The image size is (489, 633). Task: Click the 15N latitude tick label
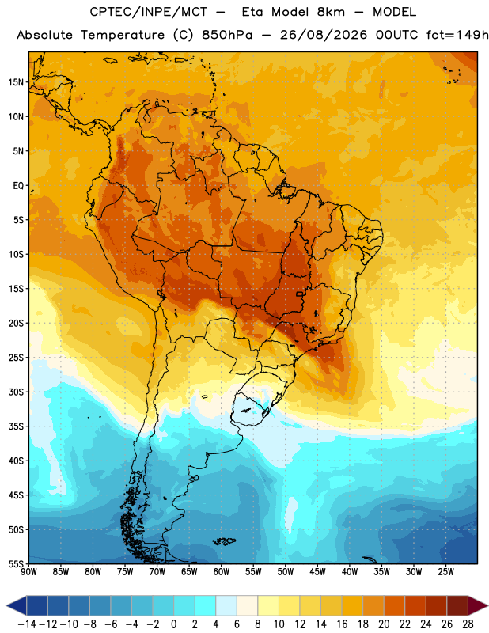[x=16, y=82]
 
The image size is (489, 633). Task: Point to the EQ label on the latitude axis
[x=18, y=186]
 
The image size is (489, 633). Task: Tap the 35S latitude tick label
[x=16, y=426]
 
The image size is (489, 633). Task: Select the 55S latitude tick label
[x=16, y=563]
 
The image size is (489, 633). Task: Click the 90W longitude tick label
[x=28, y=572]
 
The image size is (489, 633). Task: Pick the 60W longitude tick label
[x=222, y=572]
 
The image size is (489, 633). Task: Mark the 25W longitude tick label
[x=445, y=572]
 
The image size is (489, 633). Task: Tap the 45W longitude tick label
[x=317, y=572]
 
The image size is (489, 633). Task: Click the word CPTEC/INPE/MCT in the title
[x=148, y=12]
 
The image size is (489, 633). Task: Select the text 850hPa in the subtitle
[x=227, y=35]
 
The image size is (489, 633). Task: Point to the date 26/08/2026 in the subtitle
[x=324, y=35]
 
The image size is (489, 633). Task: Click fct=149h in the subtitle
[x=457, y=35]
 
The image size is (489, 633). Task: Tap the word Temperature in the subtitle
[x=123, y=35]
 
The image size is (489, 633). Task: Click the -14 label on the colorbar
[x=27, y=624]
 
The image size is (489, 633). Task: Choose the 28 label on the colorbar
[x=468, y=624]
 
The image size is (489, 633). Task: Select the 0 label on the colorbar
[x=174, y=624]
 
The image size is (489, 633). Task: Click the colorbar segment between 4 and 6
[x=226, y=605]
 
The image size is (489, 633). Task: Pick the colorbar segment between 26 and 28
[x=457, y=605]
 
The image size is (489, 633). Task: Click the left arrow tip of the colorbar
[x=6, y=605]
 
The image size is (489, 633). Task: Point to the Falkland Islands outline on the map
[x=224, y=541]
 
